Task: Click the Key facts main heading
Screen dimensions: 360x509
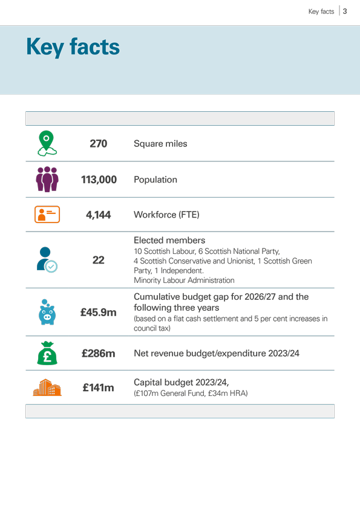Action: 73,47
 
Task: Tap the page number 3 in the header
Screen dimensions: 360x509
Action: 345,11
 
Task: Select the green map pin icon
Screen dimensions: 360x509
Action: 47,143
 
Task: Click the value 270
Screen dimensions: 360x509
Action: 99,143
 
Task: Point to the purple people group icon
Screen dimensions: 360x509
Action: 47,179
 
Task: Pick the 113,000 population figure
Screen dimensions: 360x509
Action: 99,180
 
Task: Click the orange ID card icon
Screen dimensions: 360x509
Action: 47,214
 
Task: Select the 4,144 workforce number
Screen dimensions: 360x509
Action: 99,215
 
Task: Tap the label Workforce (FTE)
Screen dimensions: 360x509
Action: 166,215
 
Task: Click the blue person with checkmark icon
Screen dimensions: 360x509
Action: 47,260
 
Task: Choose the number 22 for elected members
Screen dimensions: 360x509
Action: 99,260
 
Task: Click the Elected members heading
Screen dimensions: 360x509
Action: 169,240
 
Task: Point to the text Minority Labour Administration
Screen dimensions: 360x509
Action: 184,280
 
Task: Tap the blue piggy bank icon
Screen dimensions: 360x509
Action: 47,312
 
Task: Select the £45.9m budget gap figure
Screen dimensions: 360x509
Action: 99,313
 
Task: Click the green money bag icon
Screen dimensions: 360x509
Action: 47,353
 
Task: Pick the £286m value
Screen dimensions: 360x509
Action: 99,353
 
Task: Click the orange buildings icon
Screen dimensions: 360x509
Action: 47,387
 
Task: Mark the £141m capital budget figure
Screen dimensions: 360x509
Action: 99,387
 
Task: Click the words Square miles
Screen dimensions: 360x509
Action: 160,143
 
